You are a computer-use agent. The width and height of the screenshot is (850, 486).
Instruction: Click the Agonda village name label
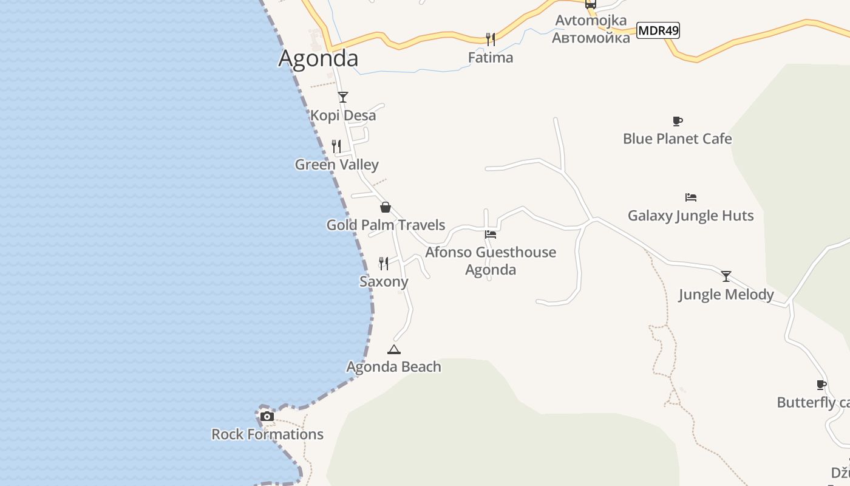[318, 58]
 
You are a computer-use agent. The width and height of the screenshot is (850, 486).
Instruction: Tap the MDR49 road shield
[658, 30]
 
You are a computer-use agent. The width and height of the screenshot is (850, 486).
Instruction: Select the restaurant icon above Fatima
[491, 39]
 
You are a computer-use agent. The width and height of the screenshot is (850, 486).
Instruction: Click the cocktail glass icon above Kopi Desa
[343, 97]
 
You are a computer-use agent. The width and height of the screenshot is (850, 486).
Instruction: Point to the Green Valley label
[336, 165]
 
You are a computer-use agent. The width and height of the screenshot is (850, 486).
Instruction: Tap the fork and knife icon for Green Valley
[336, 146]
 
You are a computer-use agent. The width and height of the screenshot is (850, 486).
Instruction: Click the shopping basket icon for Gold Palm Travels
[385, 207]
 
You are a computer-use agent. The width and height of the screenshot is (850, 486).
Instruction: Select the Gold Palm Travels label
[386, 225]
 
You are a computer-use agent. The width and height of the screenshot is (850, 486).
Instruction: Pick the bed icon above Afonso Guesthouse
[491, 234]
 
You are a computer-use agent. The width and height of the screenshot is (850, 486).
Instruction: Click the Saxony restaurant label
[384, 282]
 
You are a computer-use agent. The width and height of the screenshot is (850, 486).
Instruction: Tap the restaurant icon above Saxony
[384, 263]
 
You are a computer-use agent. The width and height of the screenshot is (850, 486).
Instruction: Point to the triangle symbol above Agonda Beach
[394, 349]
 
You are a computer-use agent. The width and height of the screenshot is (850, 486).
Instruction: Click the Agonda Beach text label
[393, 367]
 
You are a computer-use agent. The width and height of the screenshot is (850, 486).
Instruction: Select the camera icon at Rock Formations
[267, 417]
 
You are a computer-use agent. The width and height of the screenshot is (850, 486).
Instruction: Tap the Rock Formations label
[267, 434]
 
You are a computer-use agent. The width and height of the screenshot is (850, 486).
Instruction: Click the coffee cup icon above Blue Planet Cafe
[678, 121]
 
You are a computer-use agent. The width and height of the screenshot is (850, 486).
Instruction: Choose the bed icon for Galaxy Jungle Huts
[690, 197]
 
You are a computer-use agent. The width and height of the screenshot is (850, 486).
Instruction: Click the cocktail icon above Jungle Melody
[726, 276]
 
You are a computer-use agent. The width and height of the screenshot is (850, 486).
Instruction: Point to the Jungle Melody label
[726, 295]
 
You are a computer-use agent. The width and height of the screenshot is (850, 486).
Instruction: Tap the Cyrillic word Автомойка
[591, 38]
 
